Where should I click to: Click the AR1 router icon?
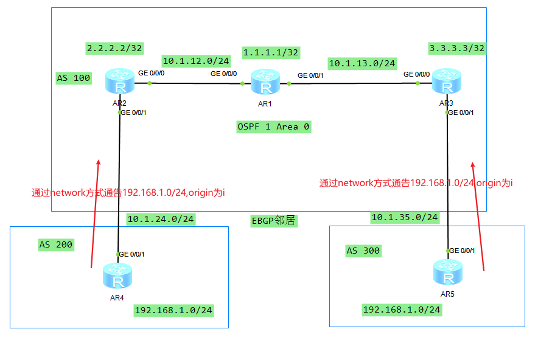click(x=265, y=83)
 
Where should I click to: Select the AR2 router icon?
click(x=119, y=83)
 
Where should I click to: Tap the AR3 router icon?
click(x=447, y=83)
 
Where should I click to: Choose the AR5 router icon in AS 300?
click(x=448, y=273)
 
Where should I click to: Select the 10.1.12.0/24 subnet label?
click(x=195, y=61)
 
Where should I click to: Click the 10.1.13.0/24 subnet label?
click(x=362, y=63)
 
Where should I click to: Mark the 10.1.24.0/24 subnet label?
click(x=160, y=219)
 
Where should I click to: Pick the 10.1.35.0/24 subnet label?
click(x=404, y=217)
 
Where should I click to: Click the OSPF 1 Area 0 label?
click(x=274, y=126)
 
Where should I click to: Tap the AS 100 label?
click(x=73, y=78)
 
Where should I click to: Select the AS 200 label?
click(x=56, y=244)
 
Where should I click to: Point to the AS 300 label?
click(x=363, y=251)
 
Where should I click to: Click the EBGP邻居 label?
click(x=273, y=221)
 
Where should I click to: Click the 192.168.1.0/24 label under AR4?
click(x=173, y=310)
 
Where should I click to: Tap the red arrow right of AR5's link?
click(x=478, y=216)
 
